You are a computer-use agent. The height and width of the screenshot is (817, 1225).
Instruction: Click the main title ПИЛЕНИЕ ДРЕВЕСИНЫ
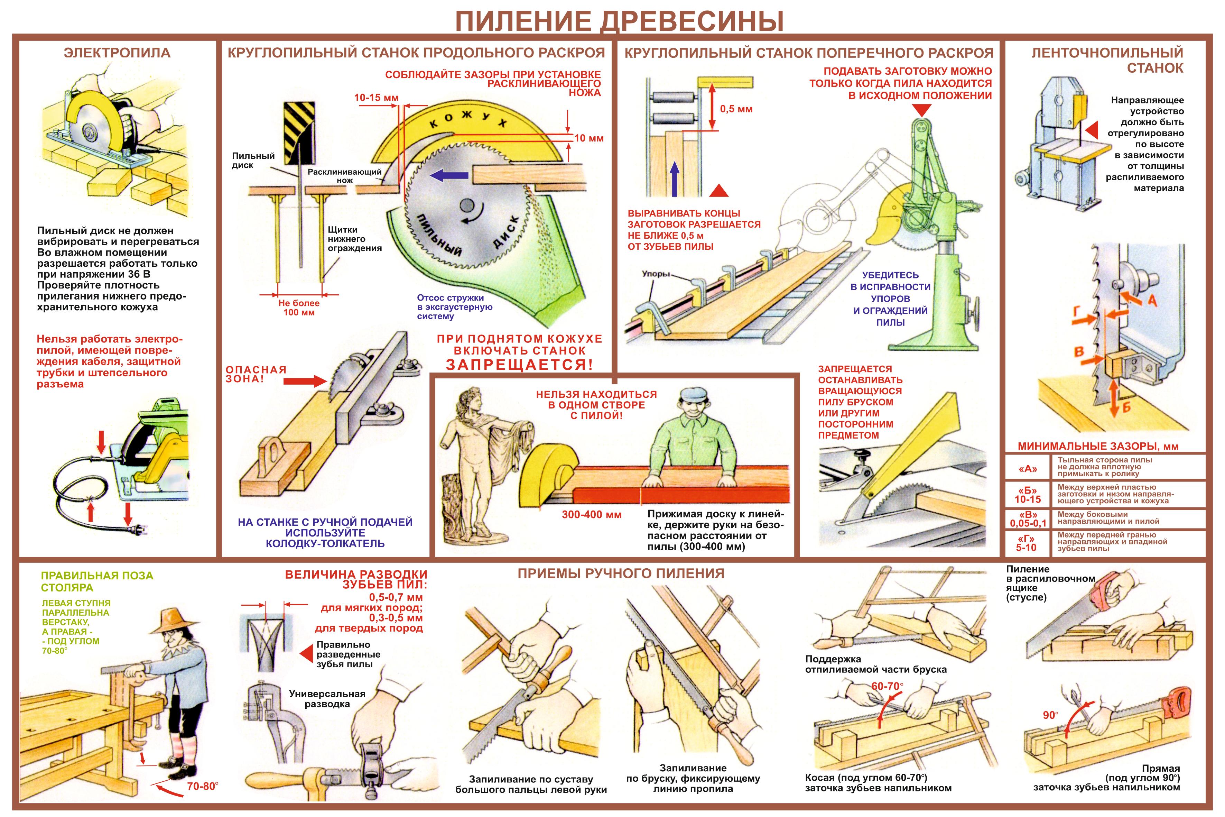click(x=620, y=21)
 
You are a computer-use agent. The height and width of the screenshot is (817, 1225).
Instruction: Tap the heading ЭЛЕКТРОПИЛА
click(x=117, y=53)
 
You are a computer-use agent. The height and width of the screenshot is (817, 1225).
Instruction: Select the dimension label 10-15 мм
click(x=376, y=98)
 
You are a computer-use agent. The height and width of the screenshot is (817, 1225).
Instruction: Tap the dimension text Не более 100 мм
click(x=299, y=308)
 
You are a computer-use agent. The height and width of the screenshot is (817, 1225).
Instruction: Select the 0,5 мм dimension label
click(x=736, y=109)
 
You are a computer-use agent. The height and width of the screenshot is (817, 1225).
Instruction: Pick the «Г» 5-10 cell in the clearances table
click(x=1026, y=543)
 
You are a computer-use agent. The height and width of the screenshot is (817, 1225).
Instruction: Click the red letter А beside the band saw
click(x=1152, y=301)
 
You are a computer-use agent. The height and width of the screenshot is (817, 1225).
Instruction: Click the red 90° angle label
click(x=1050, y=715)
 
